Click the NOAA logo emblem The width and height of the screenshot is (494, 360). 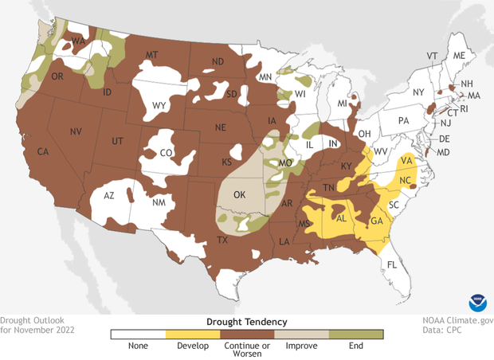[478, 305]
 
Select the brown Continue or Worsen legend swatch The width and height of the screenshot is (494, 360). [248, 335]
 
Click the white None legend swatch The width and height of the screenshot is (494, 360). [138, 335]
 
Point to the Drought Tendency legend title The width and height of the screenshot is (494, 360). [247, 320]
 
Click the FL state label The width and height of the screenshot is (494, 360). [391, 264]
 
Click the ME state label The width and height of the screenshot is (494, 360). [458, 57]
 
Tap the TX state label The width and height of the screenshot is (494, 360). [223, 240]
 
